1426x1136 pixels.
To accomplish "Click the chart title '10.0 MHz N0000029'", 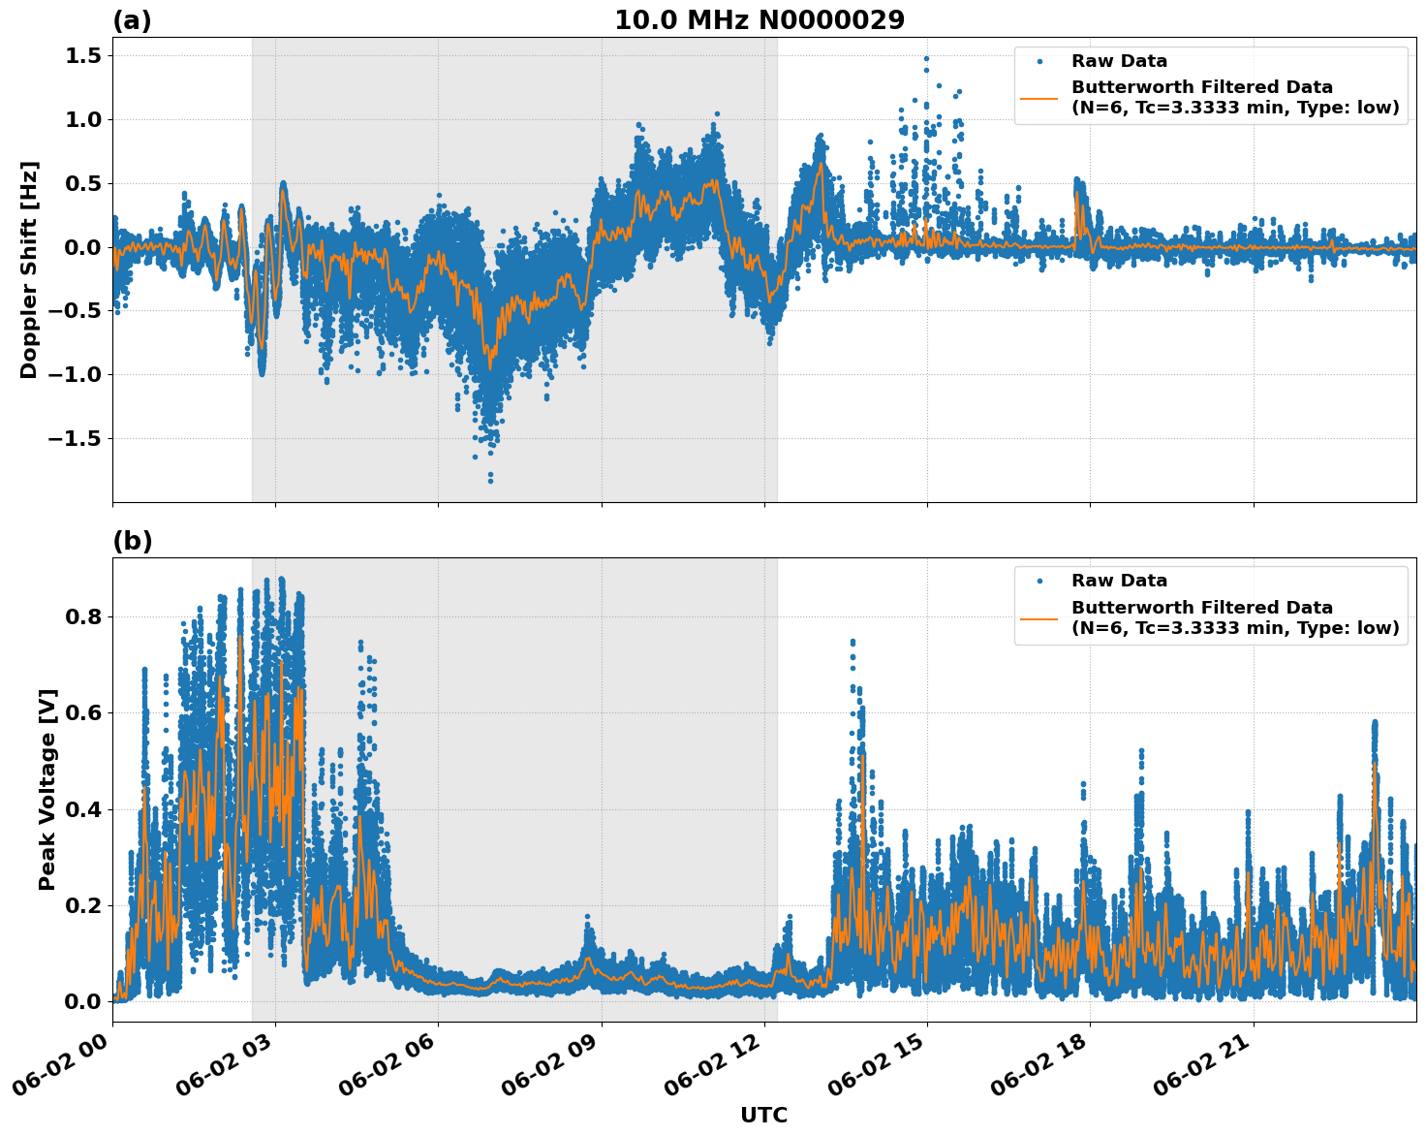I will (759, 20).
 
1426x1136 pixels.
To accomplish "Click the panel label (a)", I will (132, 20).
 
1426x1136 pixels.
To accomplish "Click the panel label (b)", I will (132, 541).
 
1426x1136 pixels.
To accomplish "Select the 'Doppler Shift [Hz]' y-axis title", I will (29, 269).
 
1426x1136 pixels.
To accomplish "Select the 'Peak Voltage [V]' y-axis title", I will (47, 789).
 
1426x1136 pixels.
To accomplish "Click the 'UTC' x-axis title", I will (763, 1116).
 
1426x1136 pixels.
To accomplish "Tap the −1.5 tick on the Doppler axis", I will (74, 439).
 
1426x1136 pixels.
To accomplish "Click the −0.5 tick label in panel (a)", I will (74, 311).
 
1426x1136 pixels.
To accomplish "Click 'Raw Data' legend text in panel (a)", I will (1119, 61).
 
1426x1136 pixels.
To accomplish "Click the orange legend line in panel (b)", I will (1038, 618).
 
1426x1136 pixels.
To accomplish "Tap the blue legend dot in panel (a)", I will (1038, 61).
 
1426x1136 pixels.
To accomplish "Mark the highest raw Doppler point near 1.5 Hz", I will (926, 58).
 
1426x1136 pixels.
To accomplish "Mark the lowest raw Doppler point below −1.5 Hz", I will (490, 481).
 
